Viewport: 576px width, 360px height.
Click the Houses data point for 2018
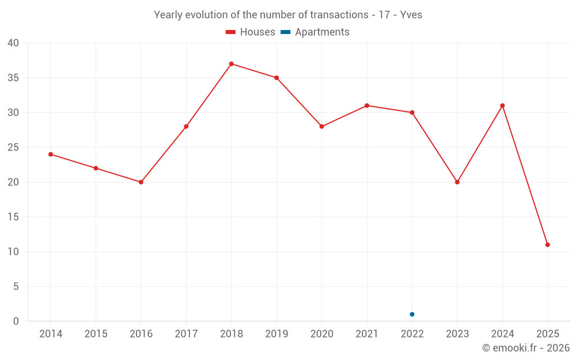click(x=231, y=64)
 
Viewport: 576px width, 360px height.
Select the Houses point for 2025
click(x=547, y=245)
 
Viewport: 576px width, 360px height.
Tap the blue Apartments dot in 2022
click(x=412, y=314)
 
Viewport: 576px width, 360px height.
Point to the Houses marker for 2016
click(x=141, y=182)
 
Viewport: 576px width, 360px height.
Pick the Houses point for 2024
click(x=502, y=105)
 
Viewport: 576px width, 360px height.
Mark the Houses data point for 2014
click(x=51, y=154)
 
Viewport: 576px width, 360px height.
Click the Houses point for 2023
click(x=457, y=182)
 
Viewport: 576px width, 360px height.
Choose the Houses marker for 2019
click(x=276, y=78)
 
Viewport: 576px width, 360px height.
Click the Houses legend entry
click(x=251, y=32)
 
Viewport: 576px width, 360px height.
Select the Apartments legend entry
click(x=315, y=32)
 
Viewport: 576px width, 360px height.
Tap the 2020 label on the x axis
click(x=321, y=334)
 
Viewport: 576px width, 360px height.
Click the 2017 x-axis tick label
click(x=186, y=334)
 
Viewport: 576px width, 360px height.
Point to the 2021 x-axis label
click(x=367, y=334)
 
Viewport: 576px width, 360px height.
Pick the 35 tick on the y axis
click(x=13, y=78)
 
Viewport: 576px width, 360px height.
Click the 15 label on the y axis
click(x=13, y=217)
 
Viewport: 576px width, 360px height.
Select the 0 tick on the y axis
click(x=16, y=321)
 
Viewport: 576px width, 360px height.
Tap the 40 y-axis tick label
click(x=13, y=43)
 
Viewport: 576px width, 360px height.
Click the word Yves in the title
click(x=411, y=15)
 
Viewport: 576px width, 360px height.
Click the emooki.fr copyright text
click(x=526, y=348)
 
